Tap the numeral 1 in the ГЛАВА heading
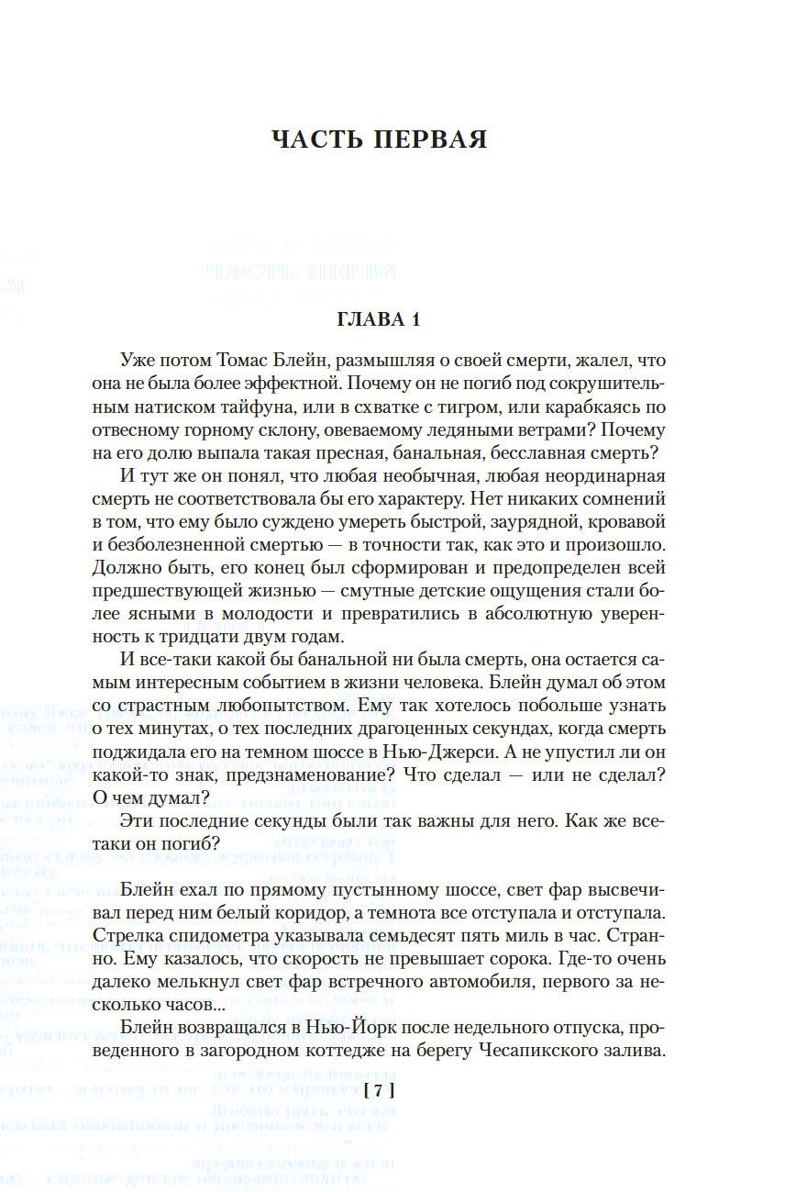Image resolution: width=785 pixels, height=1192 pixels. coord(415,320)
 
